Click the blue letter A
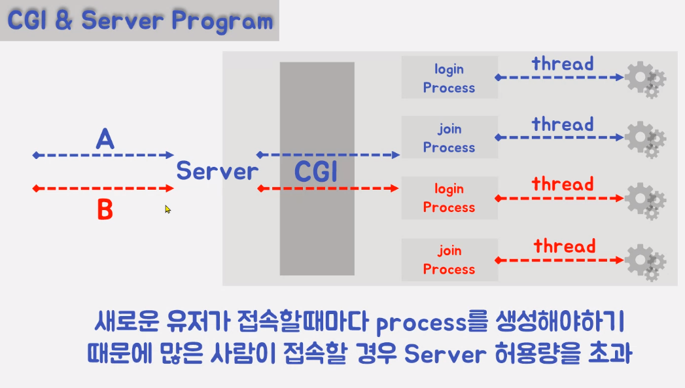tap(105, 139)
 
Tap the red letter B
tap(105, 210)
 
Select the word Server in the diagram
tap(217, 171)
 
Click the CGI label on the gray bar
tap(317, 172)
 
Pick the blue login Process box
tap(449, 78)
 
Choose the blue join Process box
tap(449, 138)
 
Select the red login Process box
tap(449, 198)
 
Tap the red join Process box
tap(449, 260)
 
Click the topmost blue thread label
tap(563, 64)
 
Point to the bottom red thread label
tap(565, 247)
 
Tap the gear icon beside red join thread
tap(645, 262)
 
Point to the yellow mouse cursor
tap(167, 209)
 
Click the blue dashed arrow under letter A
tap(103, 156)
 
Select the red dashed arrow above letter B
tap(103, 189)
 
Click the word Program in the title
tap(222, 21)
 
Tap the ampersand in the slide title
tap(63, 21)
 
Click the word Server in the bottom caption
tap(445, 354)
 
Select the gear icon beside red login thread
tap(645, 200)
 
